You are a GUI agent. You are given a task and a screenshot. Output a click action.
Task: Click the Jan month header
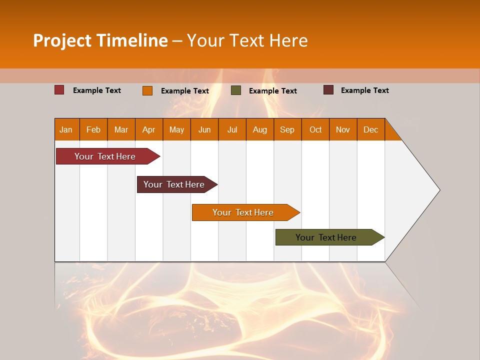(66, 129)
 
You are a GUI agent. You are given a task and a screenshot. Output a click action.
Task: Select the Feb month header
(93, 129)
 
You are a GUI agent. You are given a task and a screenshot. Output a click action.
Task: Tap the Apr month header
(149, 129)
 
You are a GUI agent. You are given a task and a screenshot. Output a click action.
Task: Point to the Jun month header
(204, 129)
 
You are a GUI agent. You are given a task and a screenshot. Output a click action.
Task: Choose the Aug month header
(260, 129)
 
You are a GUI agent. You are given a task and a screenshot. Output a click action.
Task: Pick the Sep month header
(287, 129)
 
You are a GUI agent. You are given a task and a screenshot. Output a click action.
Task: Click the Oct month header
(315, 129)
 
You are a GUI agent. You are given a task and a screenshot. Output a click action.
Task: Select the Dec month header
(371, 129)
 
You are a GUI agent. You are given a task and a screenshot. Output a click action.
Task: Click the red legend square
(59, 90)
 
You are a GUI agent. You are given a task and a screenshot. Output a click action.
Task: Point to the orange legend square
(147, 90)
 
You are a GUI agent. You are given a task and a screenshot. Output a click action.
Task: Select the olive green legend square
(236, 90)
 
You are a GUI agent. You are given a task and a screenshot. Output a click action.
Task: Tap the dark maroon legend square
(328, 90)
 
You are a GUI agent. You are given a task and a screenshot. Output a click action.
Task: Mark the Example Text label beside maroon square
(365, 90)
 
